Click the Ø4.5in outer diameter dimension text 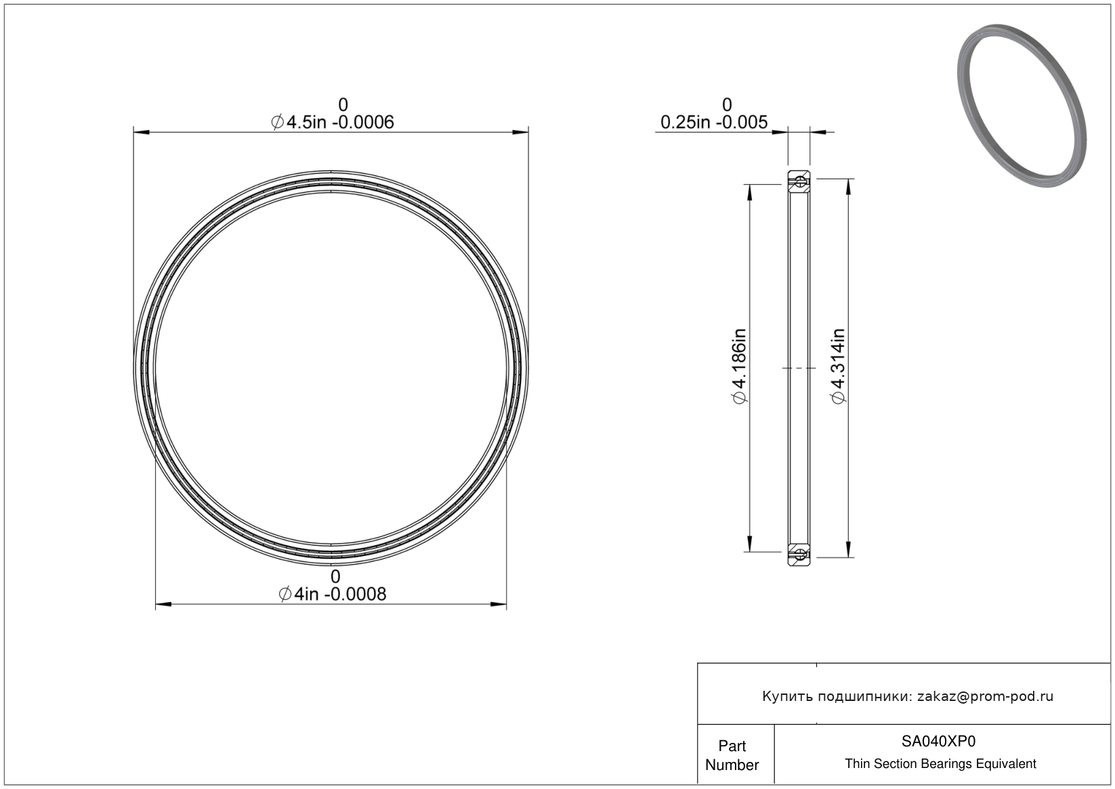332,123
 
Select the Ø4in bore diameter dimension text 332,595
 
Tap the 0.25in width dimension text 714,123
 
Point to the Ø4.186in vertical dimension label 740,366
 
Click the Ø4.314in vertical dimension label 838,366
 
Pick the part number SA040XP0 938,742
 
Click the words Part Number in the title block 732,755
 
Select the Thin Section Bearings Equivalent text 940,764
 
